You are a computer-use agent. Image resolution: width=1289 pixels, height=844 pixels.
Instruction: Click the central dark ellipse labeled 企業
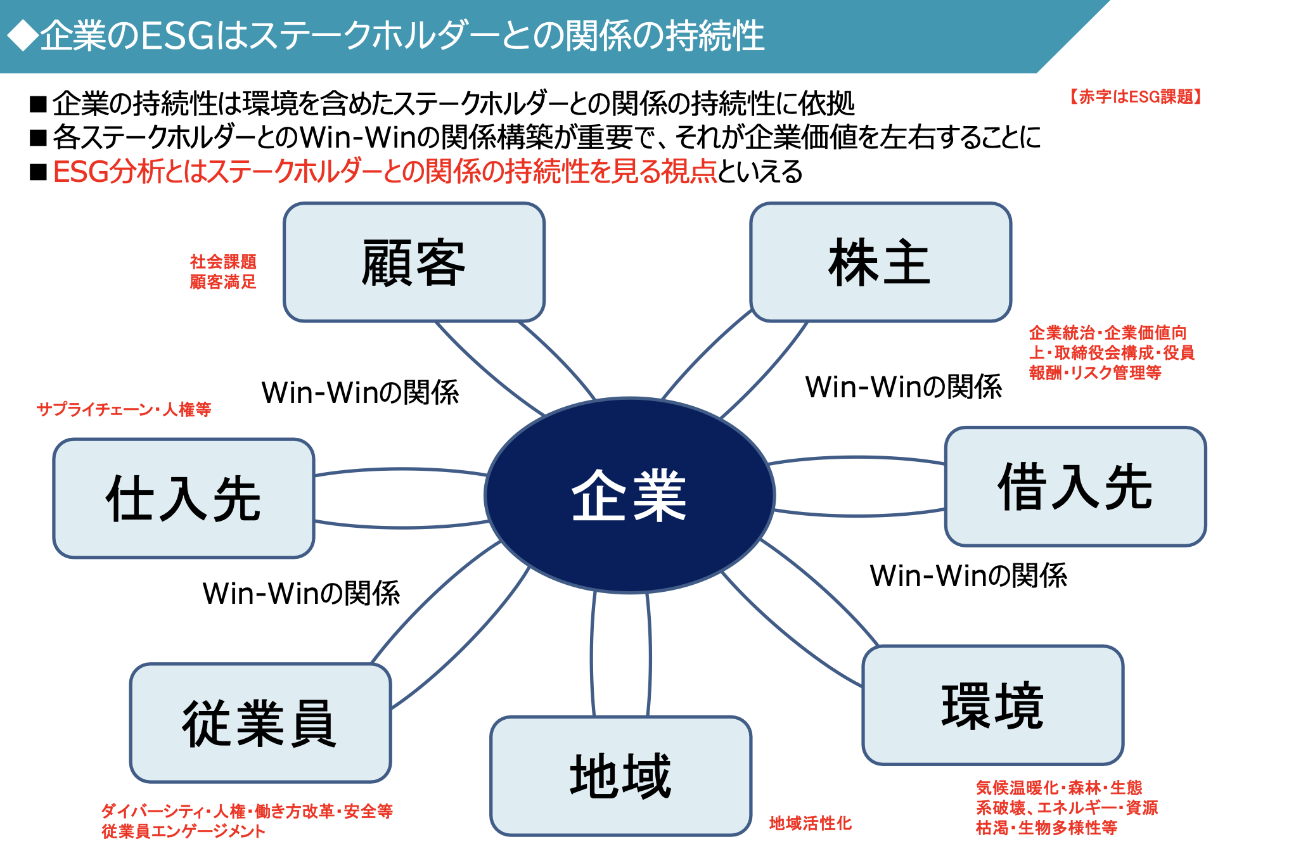pos(629,495)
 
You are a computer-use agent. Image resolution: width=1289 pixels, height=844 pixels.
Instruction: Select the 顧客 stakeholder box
pos(414,262)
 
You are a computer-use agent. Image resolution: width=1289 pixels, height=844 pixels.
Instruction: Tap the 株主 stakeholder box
pos(880,262)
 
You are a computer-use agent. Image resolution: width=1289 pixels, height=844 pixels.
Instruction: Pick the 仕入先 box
pos(184,499)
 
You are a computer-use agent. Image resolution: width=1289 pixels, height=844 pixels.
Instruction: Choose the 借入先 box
pos(1075,487)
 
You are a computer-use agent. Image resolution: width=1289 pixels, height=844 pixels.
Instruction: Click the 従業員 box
pos(260,723)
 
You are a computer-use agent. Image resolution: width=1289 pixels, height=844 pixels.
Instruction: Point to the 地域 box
pos(620,776)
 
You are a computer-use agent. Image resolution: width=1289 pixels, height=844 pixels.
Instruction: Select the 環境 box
pos(992,705)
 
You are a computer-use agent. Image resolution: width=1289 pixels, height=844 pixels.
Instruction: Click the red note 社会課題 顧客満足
pos(223,272)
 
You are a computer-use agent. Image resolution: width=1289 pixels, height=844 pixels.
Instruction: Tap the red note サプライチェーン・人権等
pos(124,409)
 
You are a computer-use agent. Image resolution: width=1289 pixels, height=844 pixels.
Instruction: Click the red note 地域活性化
pos(810,823)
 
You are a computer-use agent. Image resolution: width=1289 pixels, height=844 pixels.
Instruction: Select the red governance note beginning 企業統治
pos(1111,352)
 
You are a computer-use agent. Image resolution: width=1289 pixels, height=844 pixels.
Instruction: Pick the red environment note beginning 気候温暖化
pos(1066,807)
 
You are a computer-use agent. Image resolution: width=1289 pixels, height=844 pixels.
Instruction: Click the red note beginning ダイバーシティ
pos(247,821)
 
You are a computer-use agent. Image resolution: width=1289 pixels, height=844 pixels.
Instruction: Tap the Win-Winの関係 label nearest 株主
pos(903,387)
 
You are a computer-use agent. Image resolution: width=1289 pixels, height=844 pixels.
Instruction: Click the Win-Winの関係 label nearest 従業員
pos(301,594)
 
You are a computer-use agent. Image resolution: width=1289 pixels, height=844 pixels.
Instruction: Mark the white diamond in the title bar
pos(22,35)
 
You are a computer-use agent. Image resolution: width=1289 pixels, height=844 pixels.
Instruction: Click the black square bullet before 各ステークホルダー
pos(39,137)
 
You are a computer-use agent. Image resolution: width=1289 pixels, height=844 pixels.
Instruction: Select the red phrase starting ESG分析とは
pos(385,172)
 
